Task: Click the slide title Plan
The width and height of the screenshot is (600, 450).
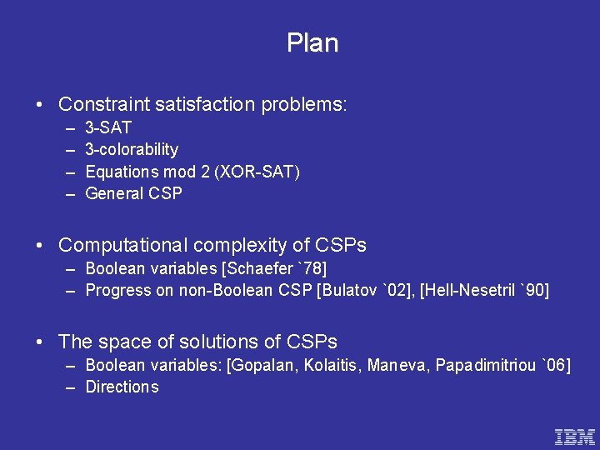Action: point(312,43)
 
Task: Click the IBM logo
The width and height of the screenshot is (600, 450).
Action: point(575,436)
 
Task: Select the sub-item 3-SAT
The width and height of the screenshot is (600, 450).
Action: point(108,127)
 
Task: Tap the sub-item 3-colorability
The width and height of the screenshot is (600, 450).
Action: point(132,149)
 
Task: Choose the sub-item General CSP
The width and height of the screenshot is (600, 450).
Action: point(133,193)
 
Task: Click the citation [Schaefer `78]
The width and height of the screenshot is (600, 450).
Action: point(277,268)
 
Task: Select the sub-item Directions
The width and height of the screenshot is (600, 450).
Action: point(122,387)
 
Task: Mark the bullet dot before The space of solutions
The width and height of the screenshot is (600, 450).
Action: point(40,342)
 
